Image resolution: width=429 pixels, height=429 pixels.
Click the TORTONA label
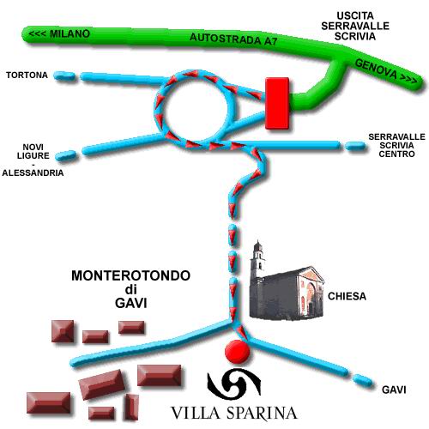coord(27,76)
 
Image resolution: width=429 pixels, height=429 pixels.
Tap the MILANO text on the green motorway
coord(69,33)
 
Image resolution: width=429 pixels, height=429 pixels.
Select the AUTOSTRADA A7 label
coord(233,39)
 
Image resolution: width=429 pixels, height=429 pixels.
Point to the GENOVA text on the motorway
coord(376,69)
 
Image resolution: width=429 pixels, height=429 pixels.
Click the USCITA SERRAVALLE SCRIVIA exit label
coord(355,26)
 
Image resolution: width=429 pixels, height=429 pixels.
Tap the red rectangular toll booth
coord(277,103)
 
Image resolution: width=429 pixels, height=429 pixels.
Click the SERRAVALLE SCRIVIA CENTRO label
coord(396,145)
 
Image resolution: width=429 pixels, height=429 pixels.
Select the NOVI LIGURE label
coord(33,151)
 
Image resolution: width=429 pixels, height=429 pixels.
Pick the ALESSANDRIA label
coord(33,172)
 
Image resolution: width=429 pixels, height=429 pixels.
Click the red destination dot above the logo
coord(237,352)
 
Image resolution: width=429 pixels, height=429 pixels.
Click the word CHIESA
coord(347,296)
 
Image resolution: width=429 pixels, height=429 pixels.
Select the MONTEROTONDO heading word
coord(130,275)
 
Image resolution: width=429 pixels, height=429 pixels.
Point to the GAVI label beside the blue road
coord(394,390)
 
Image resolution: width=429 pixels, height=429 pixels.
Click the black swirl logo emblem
coord(234,383)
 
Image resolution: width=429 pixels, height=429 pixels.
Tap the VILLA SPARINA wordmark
coord(233,414)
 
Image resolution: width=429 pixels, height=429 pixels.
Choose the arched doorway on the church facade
coord(310,298)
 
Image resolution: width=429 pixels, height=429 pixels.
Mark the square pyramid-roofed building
coord(63,331)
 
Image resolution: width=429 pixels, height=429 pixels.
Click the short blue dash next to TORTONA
coord(64,76)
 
